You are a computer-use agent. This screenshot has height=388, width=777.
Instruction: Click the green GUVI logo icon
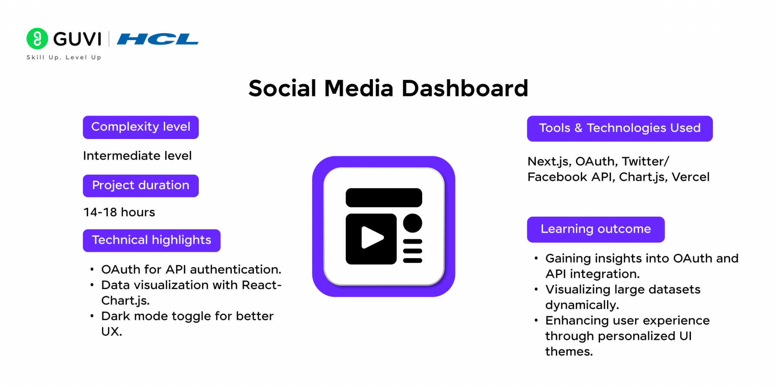click(x=37, y=39)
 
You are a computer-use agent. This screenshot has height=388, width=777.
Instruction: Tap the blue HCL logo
click(x=157, y=39)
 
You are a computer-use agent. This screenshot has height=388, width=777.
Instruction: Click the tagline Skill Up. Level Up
click(x=64, y=57)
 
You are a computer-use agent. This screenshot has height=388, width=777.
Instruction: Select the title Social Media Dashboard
click(x=388, y=88)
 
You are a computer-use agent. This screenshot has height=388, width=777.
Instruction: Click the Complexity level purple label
click(x=141, y=127)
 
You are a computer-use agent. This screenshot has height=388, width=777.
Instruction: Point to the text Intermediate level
click(x=137, y=156)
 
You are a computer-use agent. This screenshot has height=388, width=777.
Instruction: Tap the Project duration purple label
click(x=141, y=186)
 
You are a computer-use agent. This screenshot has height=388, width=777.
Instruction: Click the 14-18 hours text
click(x=119, y=212)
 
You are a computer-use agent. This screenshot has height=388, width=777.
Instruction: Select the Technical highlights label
click(x=152, y=241)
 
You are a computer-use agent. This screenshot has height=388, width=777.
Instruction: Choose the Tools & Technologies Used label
click(x=620, y=128)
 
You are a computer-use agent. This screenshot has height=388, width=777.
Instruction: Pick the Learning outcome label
click(x=596, y=230)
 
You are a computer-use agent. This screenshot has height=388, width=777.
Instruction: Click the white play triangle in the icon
click(x=372, y=238)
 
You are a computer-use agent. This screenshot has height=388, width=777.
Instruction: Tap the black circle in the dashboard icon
click(x=412, y=223)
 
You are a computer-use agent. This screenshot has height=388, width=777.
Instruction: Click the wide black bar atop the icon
click(x=384, y=198)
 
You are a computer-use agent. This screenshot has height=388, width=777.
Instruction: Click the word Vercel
click(x=690, y=177)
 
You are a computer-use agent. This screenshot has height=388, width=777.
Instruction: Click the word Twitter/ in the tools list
click(x=645, y=161)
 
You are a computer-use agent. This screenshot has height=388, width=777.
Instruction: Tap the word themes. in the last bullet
click(x=569, y=352)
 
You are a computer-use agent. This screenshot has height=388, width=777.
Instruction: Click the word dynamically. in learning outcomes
click(x=582, y=305)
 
